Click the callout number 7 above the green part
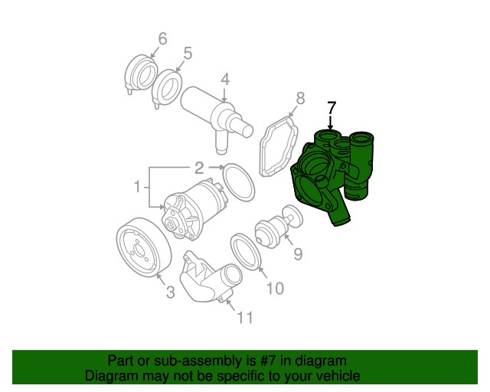(332, 108)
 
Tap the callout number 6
(162, 39)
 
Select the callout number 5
(188, 54)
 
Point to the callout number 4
(225, 80)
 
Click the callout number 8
(300, 98)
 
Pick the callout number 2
(199, 168)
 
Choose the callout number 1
(137, 187)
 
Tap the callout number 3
(170, 292)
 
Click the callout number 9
(298, 253)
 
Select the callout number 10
(275, 288)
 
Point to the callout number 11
(245, 318)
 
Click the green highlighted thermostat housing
(332, 175)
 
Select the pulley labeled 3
(144, 247)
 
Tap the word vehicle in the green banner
(339, 375)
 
